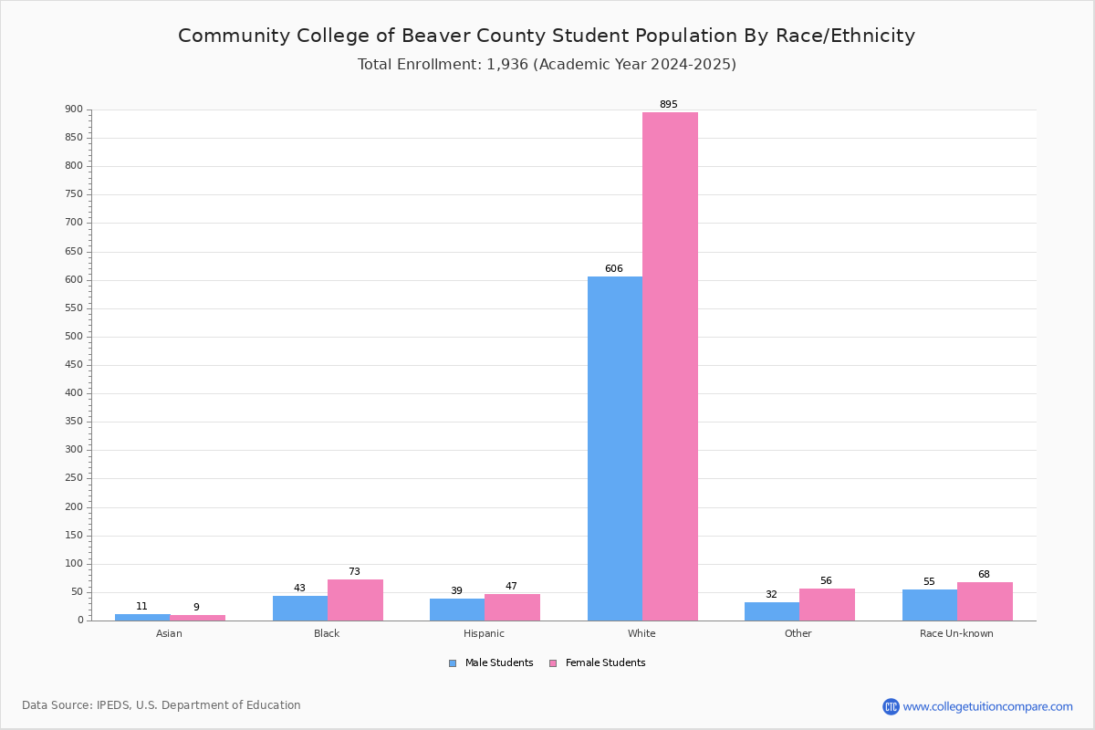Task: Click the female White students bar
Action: coord(670,366)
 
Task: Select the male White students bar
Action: coord(614,448)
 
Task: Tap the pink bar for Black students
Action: coord(355,600)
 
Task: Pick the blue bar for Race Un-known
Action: coord(929,605)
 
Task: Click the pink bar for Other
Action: coord(827,604)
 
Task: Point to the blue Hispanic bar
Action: coord(456,610)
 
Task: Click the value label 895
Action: coord(669,105)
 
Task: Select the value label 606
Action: coord(614,269)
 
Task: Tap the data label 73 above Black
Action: coord(354,572)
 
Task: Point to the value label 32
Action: coord(771,595)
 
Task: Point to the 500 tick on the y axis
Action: coord(74,337)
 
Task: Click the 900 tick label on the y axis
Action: coord(74,109)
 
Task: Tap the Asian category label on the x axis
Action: coord(169,633)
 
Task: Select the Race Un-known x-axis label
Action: coord(956,633)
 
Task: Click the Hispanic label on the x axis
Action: coord(484,633)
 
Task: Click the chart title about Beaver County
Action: coord(547,36)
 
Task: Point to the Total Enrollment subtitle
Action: coord(547,65)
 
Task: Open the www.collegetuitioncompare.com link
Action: coord(987,706)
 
